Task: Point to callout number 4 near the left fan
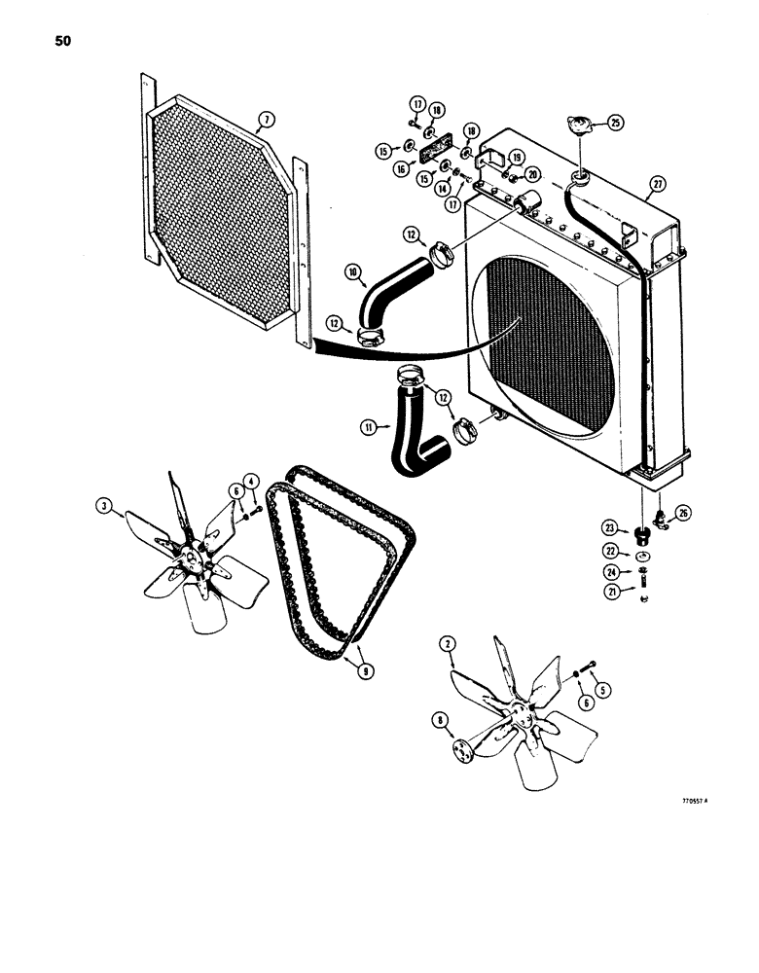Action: click(x=251, y=481)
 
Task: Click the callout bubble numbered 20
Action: click(x=531, y=173)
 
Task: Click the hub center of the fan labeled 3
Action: click(x=200, y=556)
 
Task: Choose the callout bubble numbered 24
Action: click(x=611, y=572)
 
